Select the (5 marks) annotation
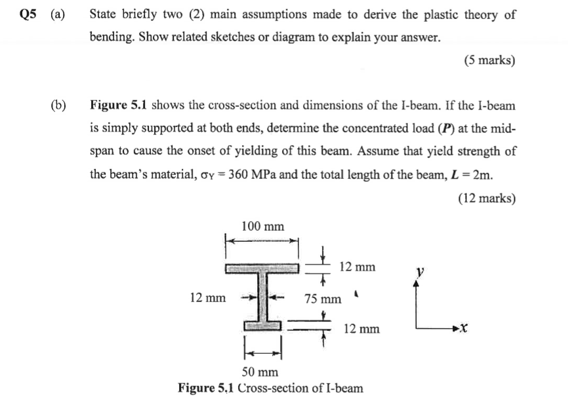tap(489, 60)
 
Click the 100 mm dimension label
tap(262, 227)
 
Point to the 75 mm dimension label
tap(323, 299)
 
